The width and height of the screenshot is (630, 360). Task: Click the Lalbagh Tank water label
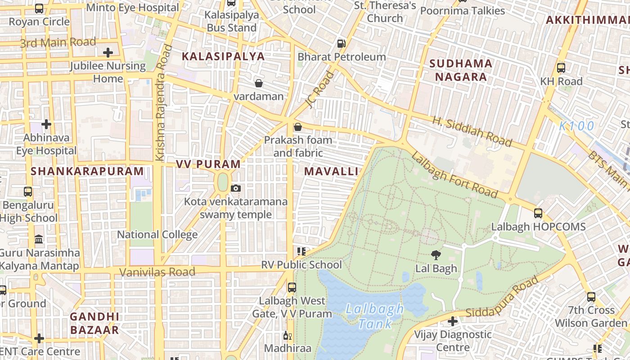click(374, 316)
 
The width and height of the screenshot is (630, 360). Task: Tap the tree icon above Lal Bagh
click(436, 255)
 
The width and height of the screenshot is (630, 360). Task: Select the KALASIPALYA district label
click(223, 56)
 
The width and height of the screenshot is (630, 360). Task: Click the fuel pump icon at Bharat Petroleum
click(342, 44)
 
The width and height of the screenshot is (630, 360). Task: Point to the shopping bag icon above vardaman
click(259, 83)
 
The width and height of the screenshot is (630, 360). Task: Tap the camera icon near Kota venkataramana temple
click(236, 188)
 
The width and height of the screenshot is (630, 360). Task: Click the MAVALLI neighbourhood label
click(331, 171)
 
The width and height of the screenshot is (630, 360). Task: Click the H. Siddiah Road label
click(472, 132)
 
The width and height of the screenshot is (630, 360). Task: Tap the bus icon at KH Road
click(561, 68)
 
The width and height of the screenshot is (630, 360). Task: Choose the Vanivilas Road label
click(157, 272)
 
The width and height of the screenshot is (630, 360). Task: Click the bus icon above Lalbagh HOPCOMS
click(538, 213)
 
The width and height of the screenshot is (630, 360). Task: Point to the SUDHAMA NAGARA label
click(461, 70)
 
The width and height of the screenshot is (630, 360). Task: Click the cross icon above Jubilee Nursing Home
click(108, 53)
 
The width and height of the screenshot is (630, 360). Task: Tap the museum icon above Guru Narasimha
click(39, 239)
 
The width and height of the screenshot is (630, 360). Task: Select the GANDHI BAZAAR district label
click(94, 323)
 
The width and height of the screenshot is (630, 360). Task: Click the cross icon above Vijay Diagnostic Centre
click(453, 321)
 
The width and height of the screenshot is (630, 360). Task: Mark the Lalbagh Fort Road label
click(454, 176)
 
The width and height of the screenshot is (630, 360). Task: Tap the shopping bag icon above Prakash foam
click(297, 127)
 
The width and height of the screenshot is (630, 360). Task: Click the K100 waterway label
click(577, 126)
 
